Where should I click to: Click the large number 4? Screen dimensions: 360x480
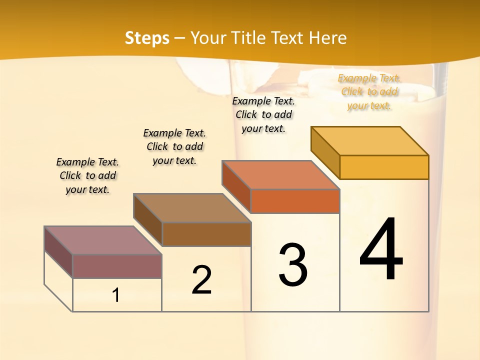pyautogui.click(x=381, y=249)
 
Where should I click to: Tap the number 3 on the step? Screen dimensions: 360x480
pyautogui.click(x=293, y=264)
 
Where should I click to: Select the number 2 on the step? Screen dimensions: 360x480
pyautogui.click(x=201, y=279)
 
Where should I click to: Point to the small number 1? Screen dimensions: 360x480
pyautogui.click(x=115, y=295)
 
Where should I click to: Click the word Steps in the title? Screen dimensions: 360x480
pyautogui.click(x=147, y=38)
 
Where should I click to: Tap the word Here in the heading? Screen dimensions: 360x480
pyautogui.click(x=327, y=38)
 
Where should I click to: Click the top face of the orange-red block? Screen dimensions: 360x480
pyautogui.click(x=280, y=175)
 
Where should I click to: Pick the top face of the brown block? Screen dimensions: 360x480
pyautogui.click(x=192, y=208)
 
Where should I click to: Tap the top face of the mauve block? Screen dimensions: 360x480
pyautogui.click(x=103, y=240)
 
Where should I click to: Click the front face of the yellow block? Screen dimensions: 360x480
pyautogui.click(x=384, y=167)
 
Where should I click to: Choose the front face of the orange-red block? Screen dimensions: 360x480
pyautogui.click(x=295, y=201)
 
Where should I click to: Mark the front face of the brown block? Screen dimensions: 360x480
pyautogui.click(x=206, y=234)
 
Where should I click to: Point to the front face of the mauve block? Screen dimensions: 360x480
pyautogui.click(x=117, y=266)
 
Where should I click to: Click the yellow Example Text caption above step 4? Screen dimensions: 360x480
pyautogui.click(x=369, y=91)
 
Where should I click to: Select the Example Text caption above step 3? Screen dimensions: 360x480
pyautogui.click(x=263, y=114)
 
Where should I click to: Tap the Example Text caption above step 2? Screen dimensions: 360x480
pyautogui.click(x=174, y=146)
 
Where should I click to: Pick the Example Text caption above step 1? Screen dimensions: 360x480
pyautogui.click(x=87, y=175)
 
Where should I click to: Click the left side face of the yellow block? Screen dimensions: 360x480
pyautogui.click(x=325, y=152)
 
